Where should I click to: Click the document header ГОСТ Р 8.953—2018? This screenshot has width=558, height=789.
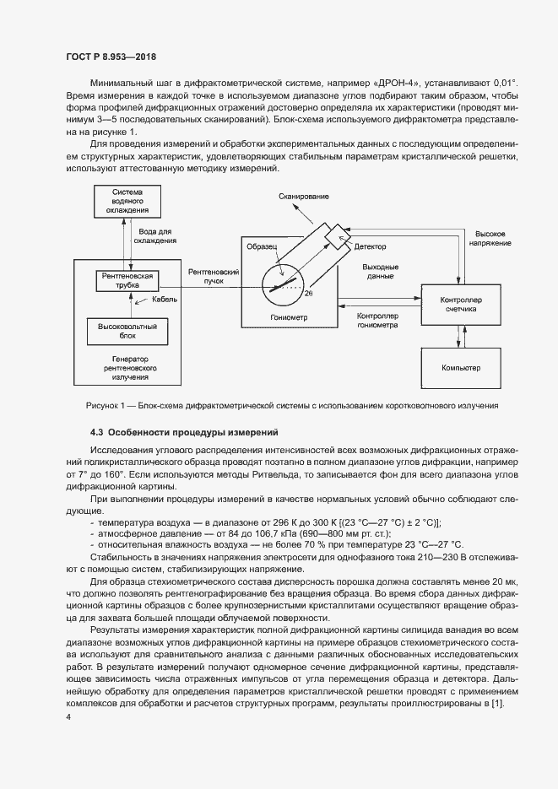[x=110, y=57]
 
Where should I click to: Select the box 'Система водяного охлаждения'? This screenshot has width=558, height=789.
[x=127, y=203]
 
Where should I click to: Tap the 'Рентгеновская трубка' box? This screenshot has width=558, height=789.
[x=127, y=281]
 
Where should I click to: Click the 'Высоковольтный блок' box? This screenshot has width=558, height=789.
[x=127, y=330]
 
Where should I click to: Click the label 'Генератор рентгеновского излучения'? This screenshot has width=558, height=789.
[x=127, y=369]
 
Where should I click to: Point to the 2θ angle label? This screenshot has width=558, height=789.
[x=308, y=293]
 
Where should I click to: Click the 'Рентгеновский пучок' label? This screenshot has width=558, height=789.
[x=209, y=276]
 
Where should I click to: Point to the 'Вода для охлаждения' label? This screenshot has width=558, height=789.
[x=154, y=235]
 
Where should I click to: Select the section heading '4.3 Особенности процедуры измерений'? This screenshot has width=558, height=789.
[x=181, y=432]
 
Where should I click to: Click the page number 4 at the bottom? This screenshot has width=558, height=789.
[x=68, y=716]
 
